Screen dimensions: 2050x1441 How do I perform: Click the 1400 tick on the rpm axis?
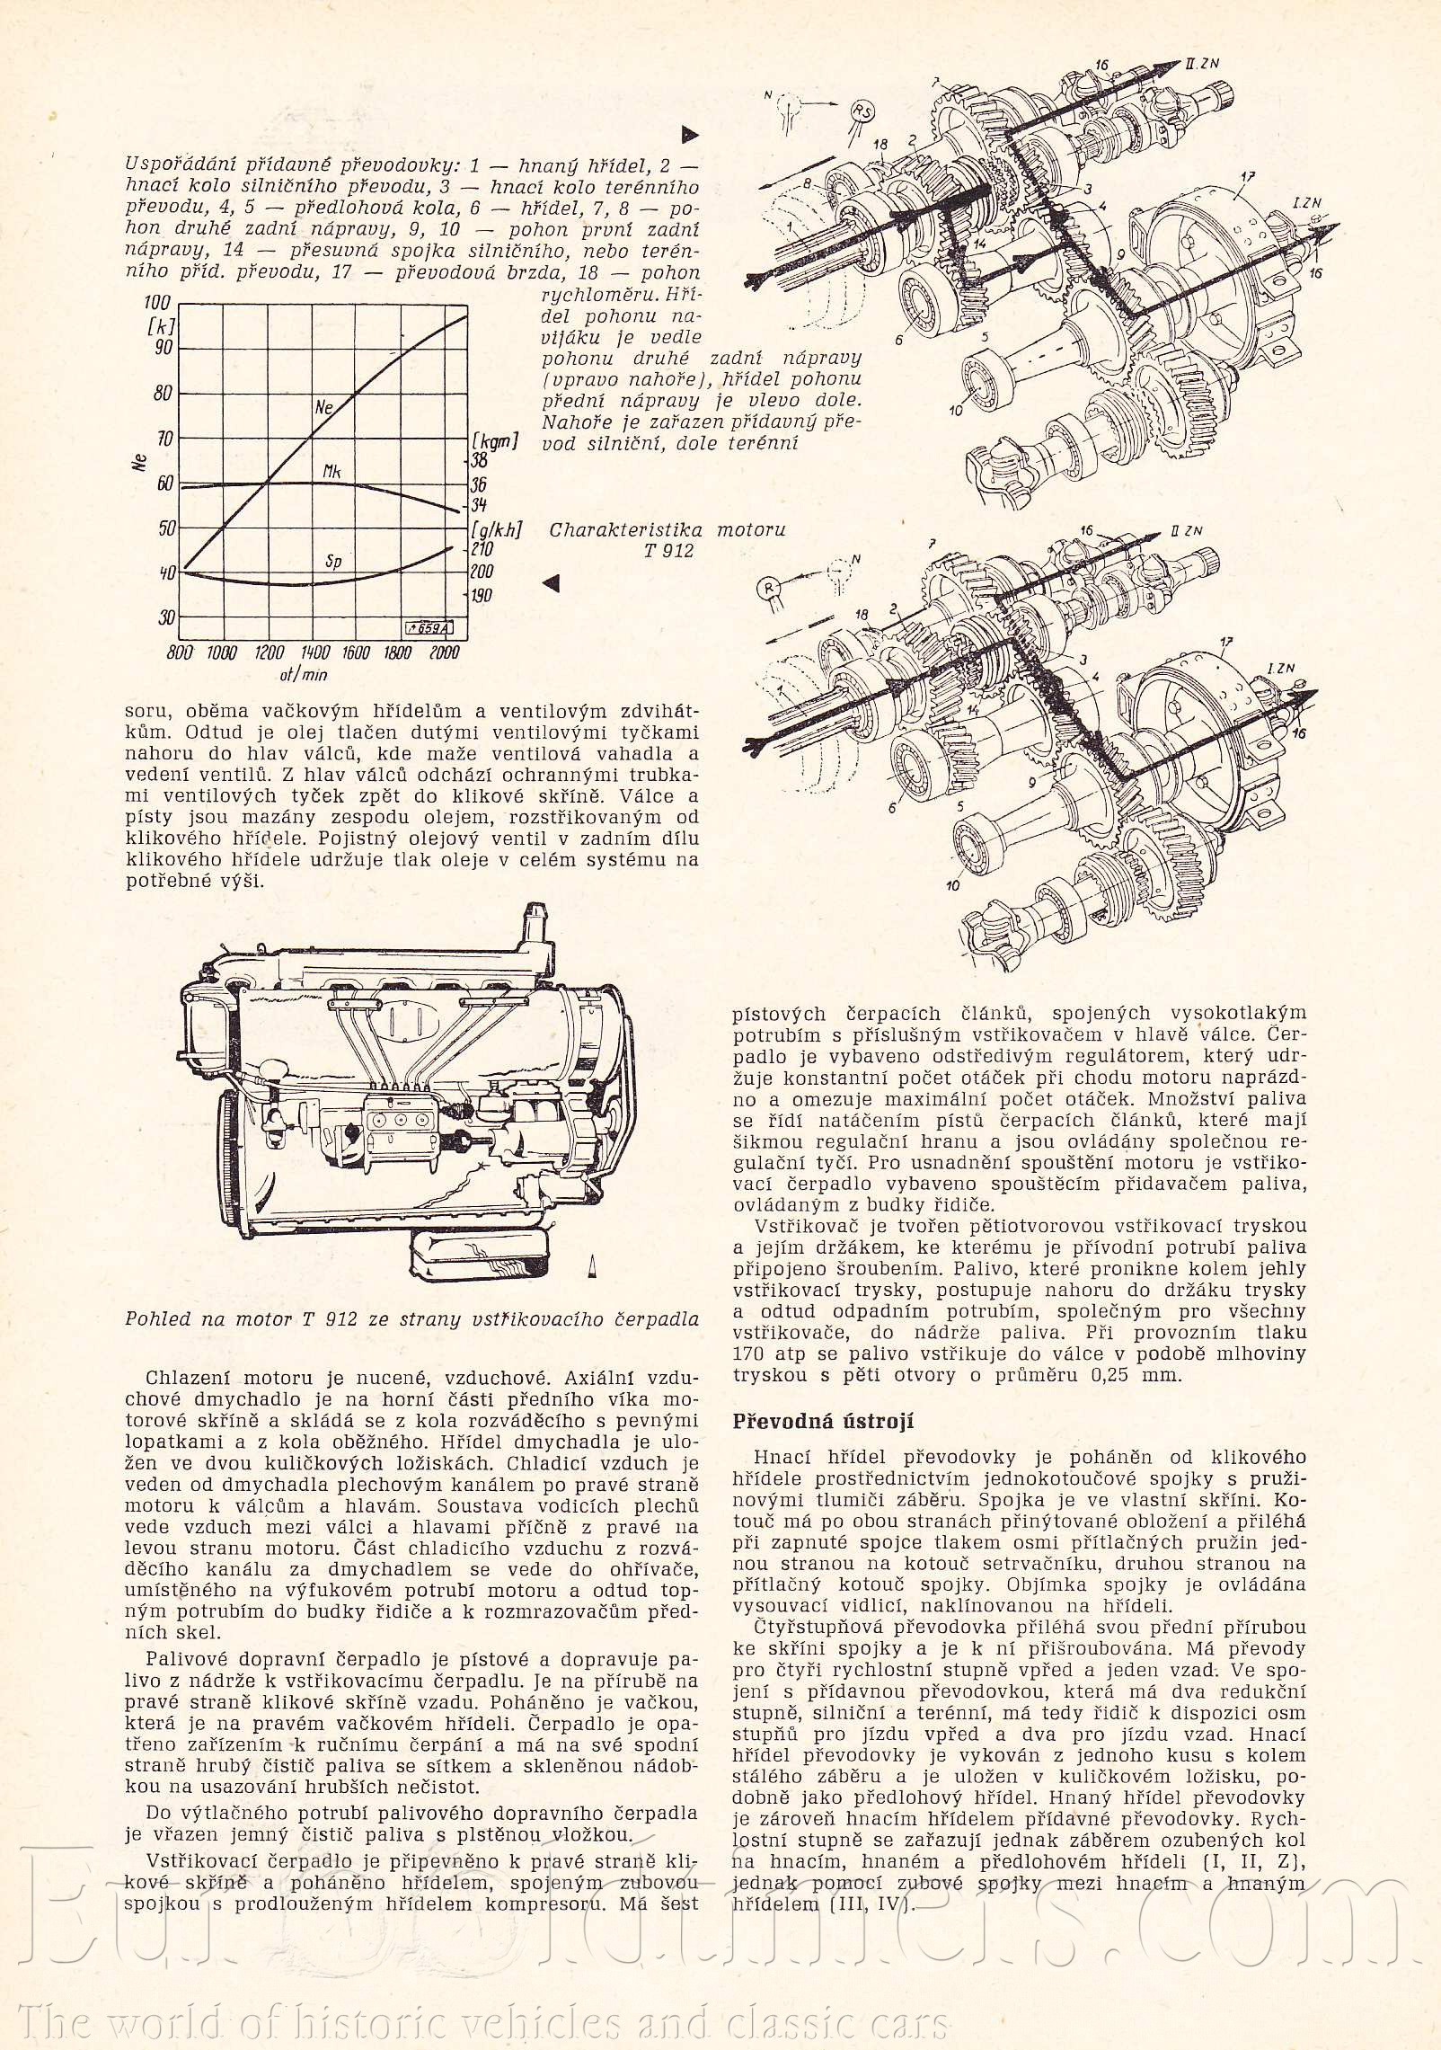tap(315, 653)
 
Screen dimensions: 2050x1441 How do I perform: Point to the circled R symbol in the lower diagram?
tap(770, 588)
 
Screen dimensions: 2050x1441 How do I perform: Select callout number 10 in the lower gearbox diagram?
tap(953, 885)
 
